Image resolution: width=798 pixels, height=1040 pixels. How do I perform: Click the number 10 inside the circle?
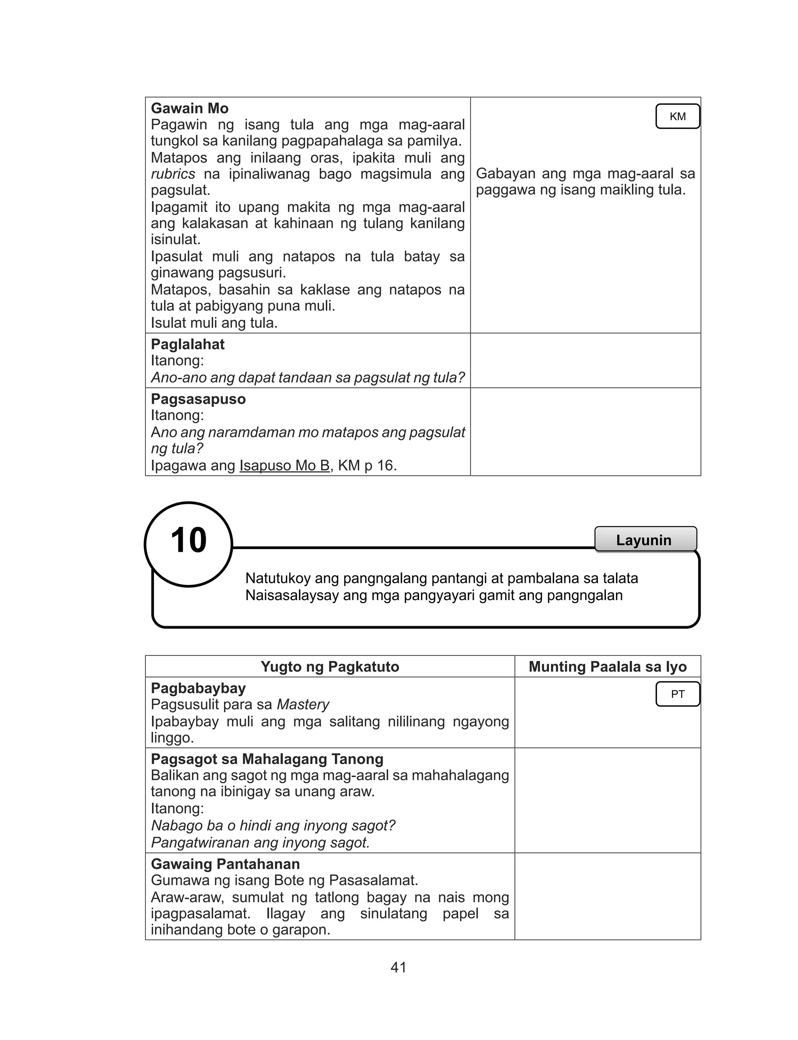pos(189,540)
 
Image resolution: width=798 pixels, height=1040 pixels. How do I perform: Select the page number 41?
pos(399,968)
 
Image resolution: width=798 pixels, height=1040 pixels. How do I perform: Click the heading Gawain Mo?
pos(189,108)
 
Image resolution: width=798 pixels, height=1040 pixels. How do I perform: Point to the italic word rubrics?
pos(173,174)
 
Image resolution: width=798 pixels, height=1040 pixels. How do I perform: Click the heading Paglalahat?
pos(188,344)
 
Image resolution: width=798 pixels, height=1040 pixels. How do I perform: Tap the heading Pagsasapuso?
pos(198,399)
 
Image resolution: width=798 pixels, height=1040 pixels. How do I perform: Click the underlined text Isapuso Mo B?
pos(284,465)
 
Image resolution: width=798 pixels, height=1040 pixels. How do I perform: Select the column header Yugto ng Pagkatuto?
pos(330,666)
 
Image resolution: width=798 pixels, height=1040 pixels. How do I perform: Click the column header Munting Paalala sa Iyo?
pos(607,666)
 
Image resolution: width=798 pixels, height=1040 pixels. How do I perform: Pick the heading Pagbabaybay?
pos(198,688)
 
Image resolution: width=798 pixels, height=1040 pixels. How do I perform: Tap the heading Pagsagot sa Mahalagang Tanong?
pos(267,759)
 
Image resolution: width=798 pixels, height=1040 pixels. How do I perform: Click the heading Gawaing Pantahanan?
pos(225,864)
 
